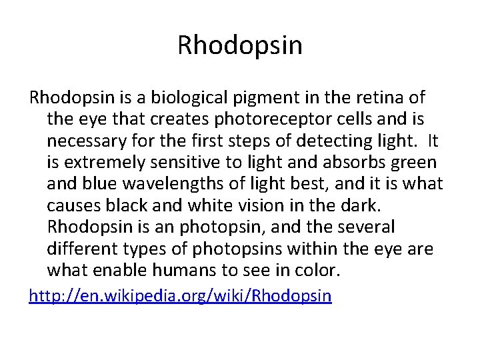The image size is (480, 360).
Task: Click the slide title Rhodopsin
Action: pos(240,45)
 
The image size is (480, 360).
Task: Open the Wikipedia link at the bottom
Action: pos(180,295)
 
